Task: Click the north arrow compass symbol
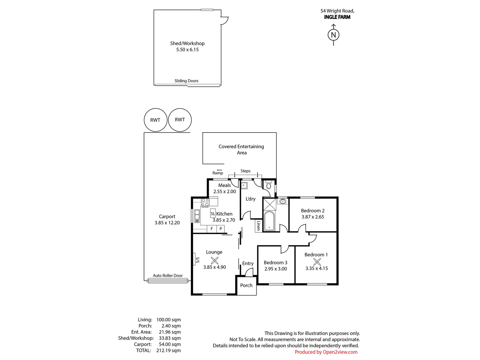[x=333, y=35]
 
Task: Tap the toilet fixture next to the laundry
[x=269, y=185]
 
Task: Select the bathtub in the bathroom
[x=269, y=221]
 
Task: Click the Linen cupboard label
[x=258, y=226]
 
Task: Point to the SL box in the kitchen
[x=213, y=214]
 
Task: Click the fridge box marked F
[x=212, y=229]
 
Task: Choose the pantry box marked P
[x=221, y=229]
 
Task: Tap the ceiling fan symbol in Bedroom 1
[x=317, y=262]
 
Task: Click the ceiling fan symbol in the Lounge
[x=215, y=261]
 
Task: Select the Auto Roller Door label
[x=168, y=276]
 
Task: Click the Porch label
[x=246, y=285]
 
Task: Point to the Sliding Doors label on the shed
[x=187, y=81]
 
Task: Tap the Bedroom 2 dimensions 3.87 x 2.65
[x=313, y=217]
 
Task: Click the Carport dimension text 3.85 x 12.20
[x=167, y=223]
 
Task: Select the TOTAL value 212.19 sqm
[x=169, y=350]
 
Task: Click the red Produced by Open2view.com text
[x=326, y=352]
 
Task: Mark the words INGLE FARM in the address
[x=337, y=17]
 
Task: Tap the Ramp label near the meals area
[x=218, y=173]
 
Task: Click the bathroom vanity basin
[x=283, y=201]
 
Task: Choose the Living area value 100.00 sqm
[x=169, y=320]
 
